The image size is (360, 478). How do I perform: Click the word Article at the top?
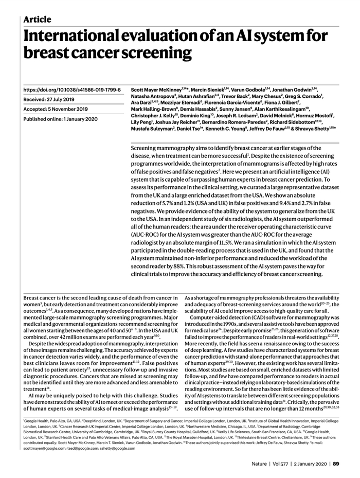point(38,20)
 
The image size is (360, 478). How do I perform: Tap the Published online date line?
point(60,119)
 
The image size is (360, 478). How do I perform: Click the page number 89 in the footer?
point(336,464)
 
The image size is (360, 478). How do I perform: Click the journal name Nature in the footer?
point(259,464)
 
